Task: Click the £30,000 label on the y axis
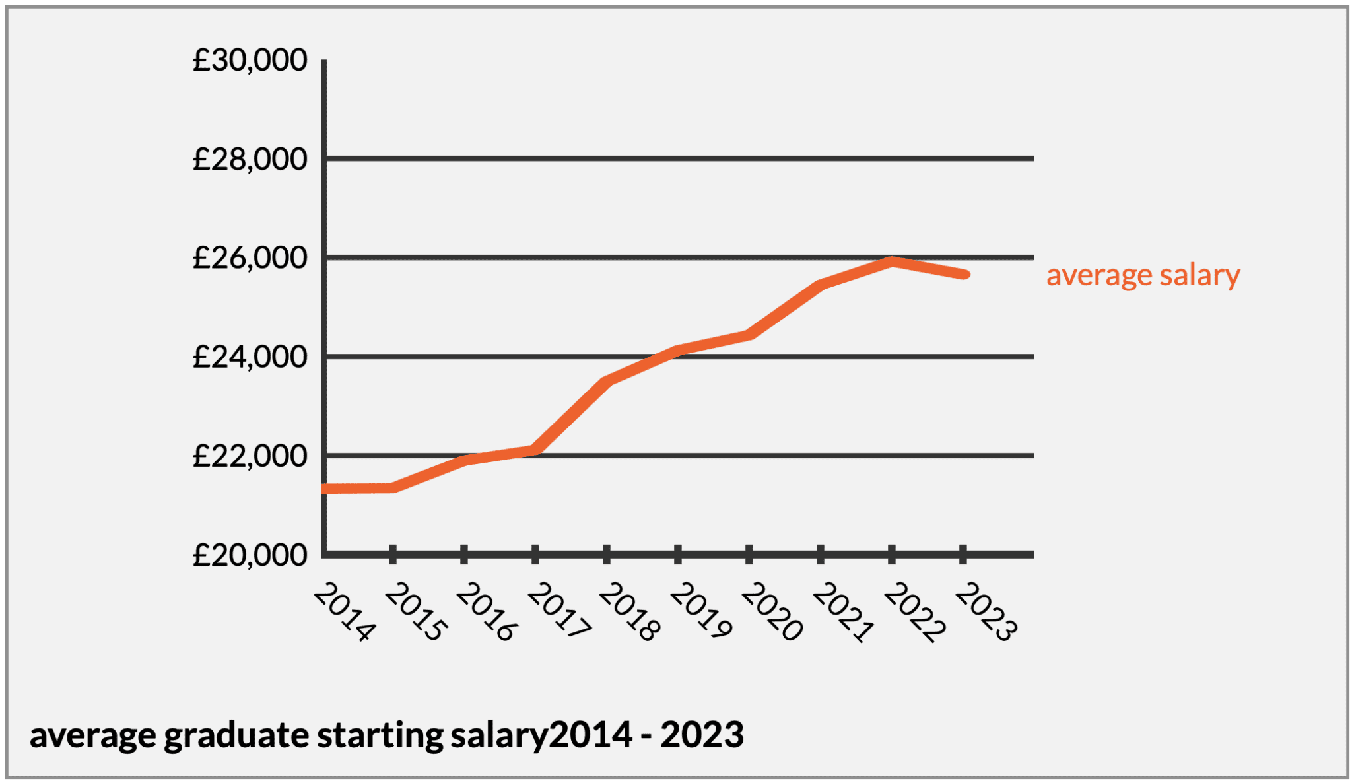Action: coord(250,60)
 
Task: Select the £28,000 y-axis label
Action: coord(250,159)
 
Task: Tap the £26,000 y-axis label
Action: coord(250,257)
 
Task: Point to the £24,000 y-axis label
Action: coord(250,357)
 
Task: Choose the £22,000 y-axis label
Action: coord(250,456)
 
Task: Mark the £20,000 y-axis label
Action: coord(250,555)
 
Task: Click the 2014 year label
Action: coord(344,612)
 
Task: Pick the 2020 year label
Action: coord(772,612)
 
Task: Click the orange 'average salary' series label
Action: coord(1143,275)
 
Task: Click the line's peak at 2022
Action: coord(892,261)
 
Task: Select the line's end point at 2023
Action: coord(964,274)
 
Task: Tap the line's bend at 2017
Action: coord(535,450)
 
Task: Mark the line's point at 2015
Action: coord(393,488)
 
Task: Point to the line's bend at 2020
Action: coord(749,335)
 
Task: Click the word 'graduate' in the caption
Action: coord(236,735)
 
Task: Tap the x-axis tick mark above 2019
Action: coord(678,555)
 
